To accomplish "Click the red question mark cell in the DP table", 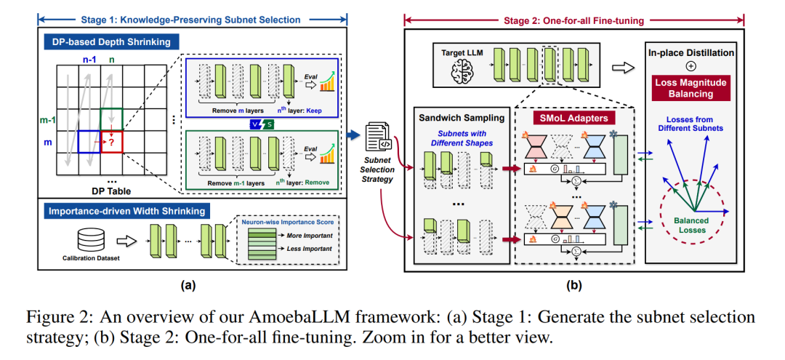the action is pos(112,143).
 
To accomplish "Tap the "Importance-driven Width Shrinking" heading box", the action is pos(126,212).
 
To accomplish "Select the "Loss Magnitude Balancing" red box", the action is pos(691,87).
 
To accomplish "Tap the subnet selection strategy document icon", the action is pos(379,135).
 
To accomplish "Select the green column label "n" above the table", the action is pos(112,60).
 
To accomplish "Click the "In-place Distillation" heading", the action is pos(691,52).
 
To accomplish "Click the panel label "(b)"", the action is pos(573,286).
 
